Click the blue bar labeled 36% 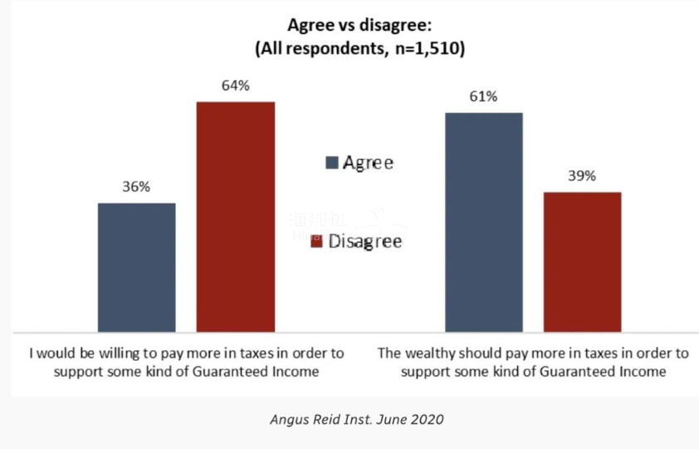137,268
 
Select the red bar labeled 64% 235,217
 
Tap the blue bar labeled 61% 484,222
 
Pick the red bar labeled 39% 582,262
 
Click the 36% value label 137,187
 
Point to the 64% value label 235,86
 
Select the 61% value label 484,96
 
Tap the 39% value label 582,176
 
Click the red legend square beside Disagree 316,242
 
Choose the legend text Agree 368,163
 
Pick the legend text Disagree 365,242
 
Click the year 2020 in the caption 428,419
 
